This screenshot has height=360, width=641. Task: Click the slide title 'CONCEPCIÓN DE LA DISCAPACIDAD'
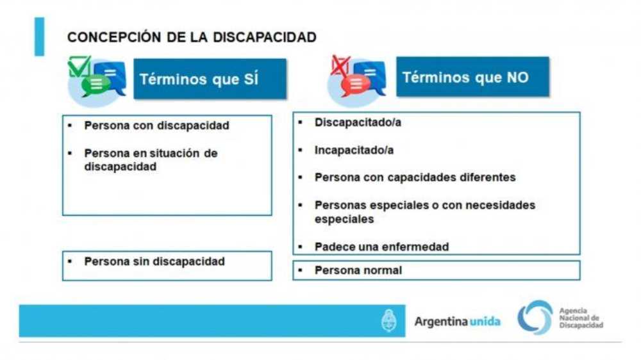(x=192, y=37)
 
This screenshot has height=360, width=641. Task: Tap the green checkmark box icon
(x=79, y=67)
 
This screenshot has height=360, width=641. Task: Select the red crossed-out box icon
(x=340, y=66)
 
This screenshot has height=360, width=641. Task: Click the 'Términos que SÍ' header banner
(x=210, y=79)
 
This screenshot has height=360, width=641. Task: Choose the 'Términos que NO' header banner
(x=472, y=77)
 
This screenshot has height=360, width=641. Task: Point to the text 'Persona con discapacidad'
(x=156, y=126)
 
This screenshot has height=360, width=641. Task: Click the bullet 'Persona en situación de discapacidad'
(x=151, y=160)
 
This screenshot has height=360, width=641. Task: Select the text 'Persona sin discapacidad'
(x=154, y=261)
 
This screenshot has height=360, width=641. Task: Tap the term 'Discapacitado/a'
(x=358, y=122)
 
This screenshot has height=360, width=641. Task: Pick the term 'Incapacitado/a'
(x=354, y=151)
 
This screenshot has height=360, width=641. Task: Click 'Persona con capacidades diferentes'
(x=415, y=177)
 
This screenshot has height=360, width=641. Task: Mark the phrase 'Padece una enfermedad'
(x=382, y=247)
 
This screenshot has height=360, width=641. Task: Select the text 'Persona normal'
(x=358, y=270)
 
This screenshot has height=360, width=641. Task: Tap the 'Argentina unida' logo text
(x=458, y=322)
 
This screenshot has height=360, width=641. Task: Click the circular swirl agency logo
(x=535, y=318)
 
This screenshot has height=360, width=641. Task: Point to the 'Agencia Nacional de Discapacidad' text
(x=581, y=318)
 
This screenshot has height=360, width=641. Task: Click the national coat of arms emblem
(x=389, y=321)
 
